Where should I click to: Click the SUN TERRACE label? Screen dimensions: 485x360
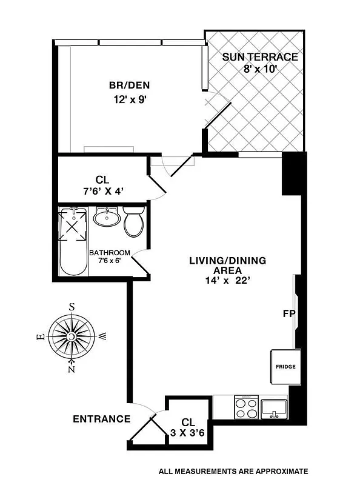point(259,58)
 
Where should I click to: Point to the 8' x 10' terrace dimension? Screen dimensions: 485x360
point(259,69)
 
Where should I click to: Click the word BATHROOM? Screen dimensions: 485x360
point(110,253)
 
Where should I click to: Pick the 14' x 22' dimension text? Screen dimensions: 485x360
point(228,281)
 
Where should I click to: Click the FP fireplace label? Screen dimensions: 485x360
point(288,314)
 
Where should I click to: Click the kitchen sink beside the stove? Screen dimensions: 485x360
point(275,407)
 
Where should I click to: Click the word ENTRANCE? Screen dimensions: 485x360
point(101,419)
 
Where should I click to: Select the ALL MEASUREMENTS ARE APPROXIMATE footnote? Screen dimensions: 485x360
point(233,471)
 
